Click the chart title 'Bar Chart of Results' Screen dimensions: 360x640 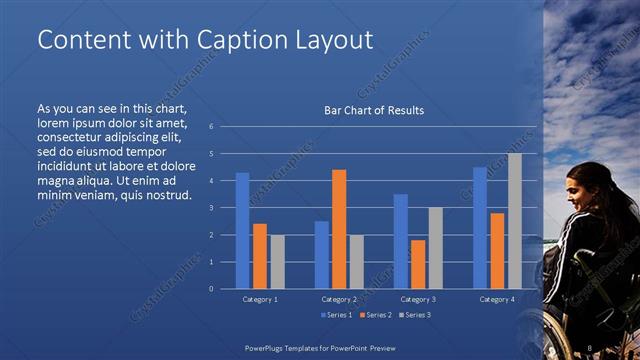point(374,110)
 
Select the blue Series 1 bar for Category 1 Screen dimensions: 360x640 point(242,230)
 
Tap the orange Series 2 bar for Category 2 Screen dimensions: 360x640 point(338,229)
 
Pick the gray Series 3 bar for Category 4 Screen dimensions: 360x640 point(514,221)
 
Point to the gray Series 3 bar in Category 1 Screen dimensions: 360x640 point(277,261)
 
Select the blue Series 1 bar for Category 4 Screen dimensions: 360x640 point(479,227)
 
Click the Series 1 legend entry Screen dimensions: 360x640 point(337,316)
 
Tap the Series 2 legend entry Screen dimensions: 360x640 point(375,316)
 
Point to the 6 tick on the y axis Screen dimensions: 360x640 point(211,127)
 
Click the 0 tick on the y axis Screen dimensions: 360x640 point(211,288)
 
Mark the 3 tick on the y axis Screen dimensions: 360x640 point(211,208)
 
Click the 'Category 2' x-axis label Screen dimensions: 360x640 point(339,299)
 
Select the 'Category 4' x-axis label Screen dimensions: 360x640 point(497,299)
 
